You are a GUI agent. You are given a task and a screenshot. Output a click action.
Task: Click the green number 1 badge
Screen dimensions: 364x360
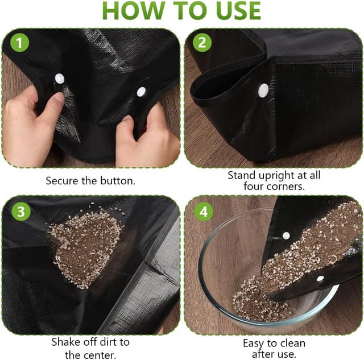(19, 43)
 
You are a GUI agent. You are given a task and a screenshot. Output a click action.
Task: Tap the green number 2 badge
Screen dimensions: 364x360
(202, 43)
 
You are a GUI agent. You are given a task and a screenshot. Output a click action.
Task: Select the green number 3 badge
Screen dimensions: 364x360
(21, 211)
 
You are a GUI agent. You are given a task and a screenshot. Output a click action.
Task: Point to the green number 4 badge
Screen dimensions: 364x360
(204, 211)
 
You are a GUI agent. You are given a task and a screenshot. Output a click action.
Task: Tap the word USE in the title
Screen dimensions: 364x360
(236, 11)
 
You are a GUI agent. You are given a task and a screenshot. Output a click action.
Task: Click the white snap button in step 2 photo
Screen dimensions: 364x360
(263, 90)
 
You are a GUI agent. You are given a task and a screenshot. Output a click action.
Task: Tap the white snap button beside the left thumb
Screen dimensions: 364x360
(60, 79)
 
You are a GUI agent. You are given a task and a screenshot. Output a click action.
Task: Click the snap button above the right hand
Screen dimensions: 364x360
(141, 92)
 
